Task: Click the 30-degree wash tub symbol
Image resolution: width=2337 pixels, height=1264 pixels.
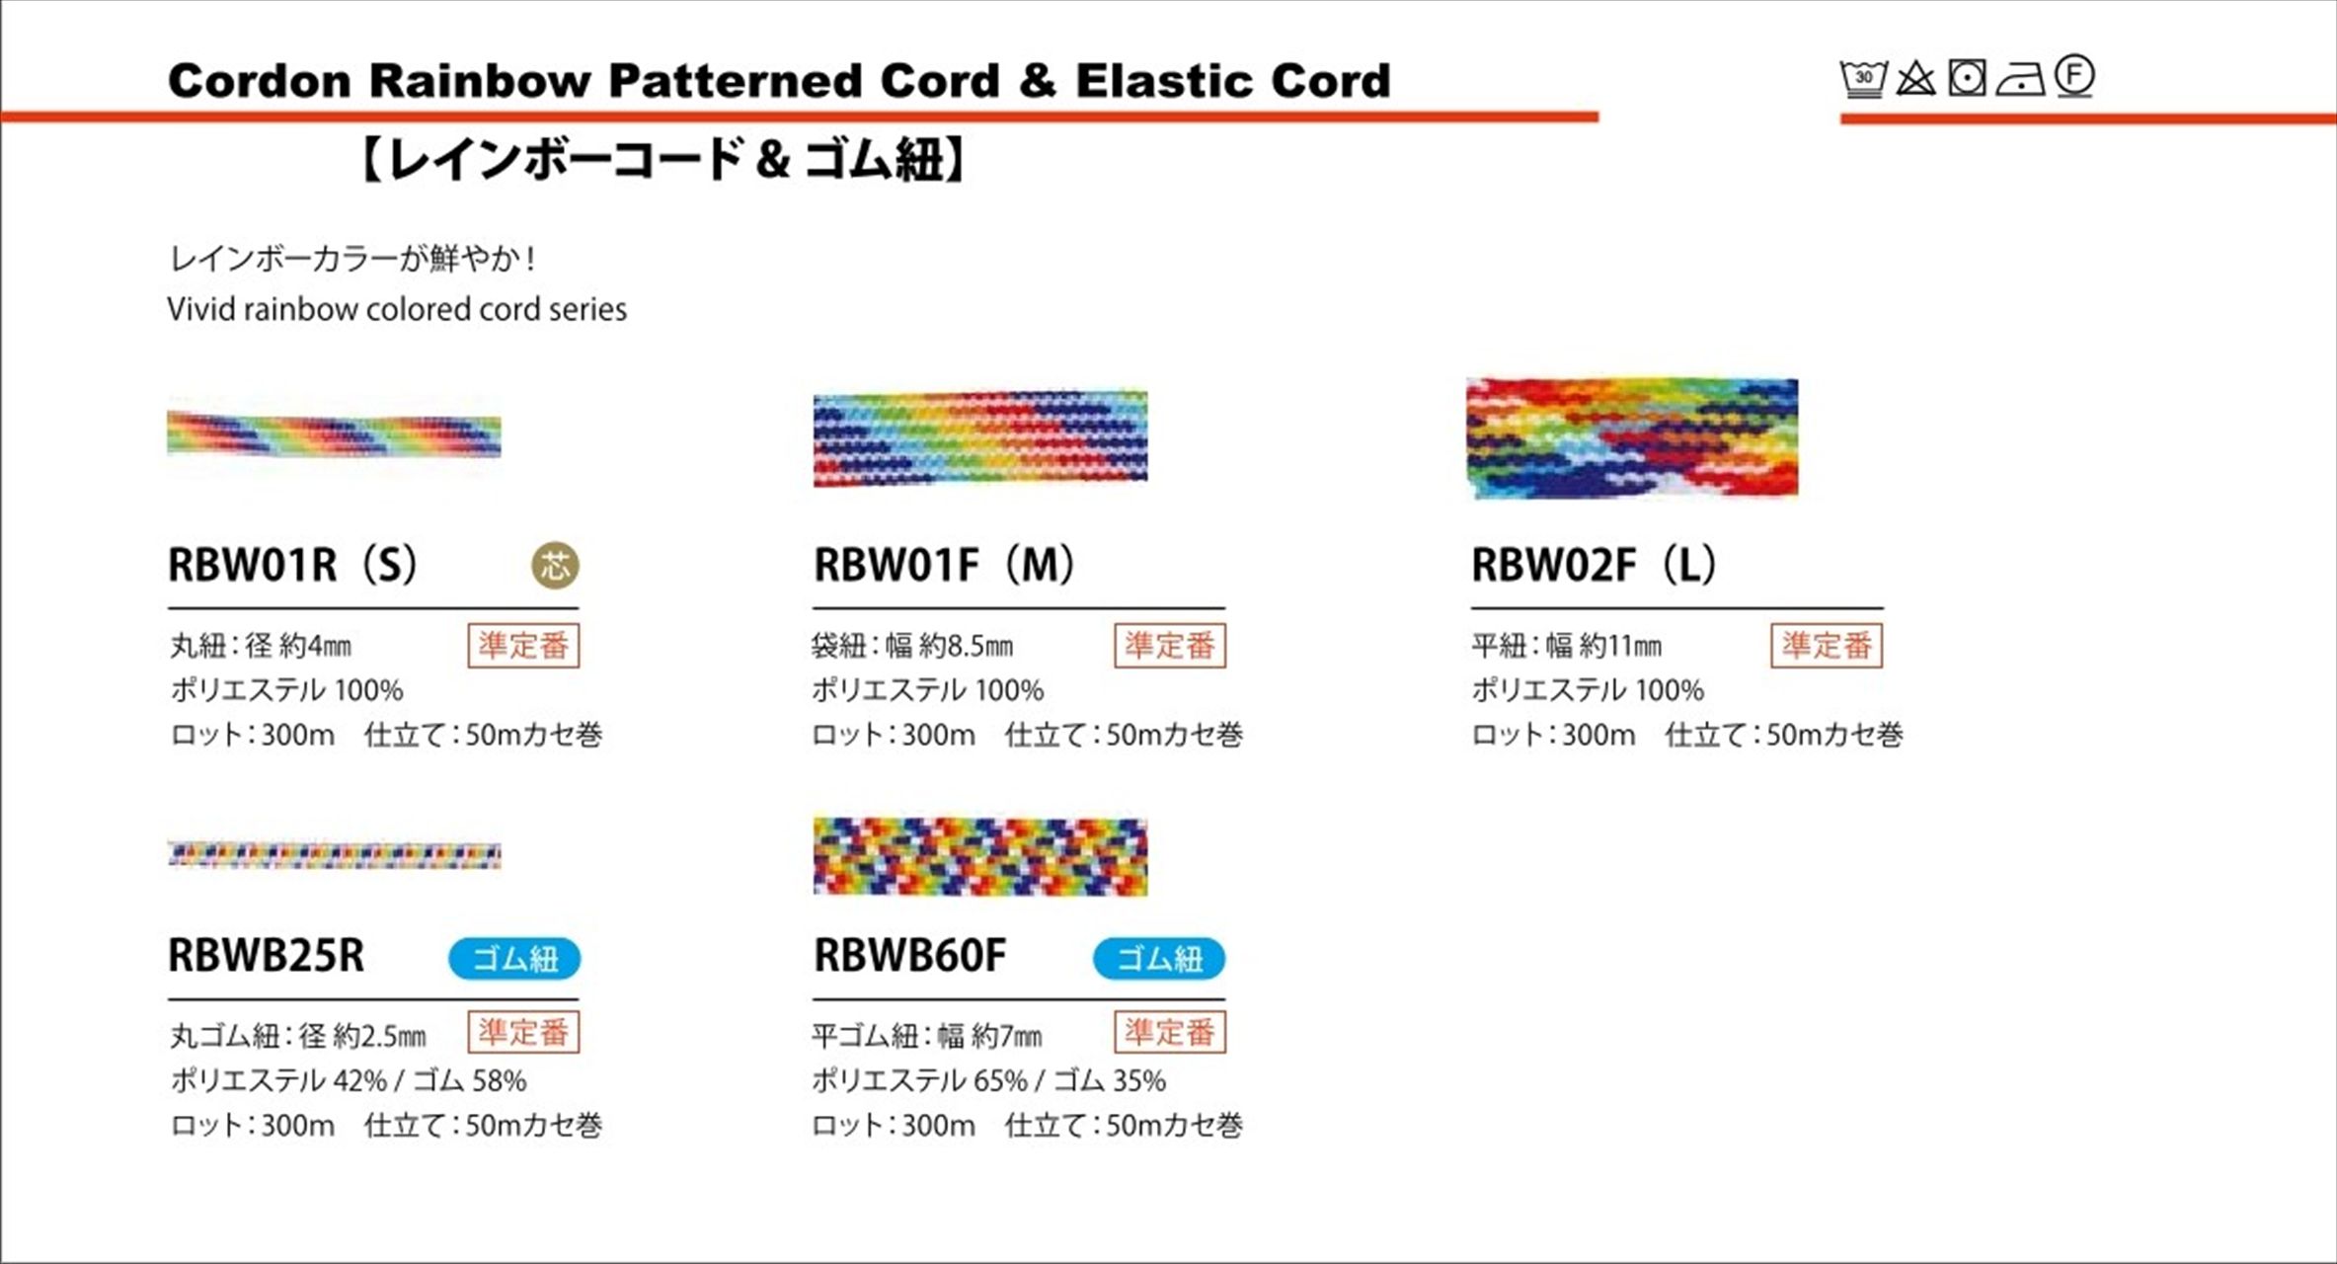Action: tap(1863, 79)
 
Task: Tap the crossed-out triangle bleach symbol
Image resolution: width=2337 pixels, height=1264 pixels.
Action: tap(1915, 78)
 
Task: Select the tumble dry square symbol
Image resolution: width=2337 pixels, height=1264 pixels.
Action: tap(1967, 78)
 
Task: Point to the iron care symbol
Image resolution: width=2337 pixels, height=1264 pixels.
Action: tap(2020, 80)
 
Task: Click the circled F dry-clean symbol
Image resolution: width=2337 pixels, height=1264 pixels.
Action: tap(2074, 76)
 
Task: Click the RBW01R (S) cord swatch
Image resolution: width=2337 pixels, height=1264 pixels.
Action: tap(334, 434)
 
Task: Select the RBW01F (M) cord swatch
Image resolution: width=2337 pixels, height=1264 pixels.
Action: tap(980, 437)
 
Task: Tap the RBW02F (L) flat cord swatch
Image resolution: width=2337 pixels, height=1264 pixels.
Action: tap(1632, 437)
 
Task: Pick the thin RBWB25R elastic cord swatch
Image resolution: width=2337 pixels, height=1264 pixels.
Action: tap(334, 855)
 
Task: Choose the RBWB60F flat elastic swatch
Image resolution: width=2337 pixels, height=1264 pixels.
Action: tap(980, 856)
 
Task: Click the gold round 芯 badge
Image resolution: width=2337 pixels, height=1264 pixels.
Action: tap(556, 566)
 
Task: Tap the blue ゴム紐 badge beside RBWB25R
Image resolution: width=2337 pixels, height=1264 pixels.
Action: tap(514, 959)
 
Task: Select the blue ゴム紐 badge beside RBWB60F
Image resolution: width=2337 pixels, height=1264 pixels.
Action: tap(1159, 959)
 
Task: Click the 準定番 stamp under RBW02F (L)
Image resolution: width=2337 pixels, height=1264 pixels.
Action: tap(1827, 646)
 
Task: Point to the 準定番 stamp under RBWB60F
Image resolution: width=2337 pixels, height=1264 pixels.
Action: tap(1170, 1032)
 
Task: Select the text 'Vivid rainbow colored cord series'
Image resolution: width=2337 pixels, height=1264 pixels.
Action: tap(397, 309)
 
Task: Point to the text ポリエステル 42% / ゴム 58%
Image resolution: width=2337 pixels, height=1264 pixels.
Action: tap(349, 1081)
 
